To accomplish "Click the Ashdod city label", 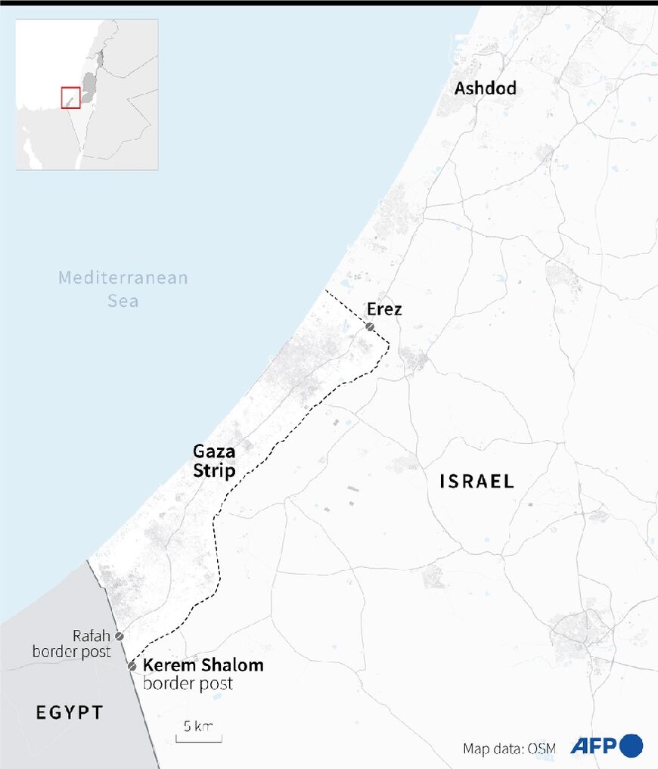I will point(485,88).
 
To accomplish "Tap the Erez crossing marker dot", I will point(369,327).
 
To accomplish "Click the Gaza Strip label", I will point(214,461).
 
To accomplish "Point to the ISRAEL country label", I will point(476,481).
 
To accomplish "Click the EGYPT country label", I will point(69,712).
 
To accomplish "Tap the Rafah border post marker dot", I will point(119,637).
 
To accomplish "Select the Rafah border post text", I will point(72,643).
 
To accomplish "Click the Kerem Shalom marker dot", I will point(132,666).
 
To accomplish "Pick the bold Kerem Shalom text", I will point(203,666).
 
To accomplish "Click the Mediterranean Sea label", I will point(123,289).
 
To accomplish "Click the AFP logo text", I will point(594,746).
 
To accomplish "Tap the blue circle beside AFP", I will point(632,746).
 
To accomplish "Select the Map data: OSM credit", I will point(509,749).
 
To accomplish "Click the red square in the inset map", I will point(70,98).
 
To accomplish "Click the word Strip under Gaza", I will point(214,471).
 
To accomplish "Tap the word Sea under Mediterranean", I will point(123,300).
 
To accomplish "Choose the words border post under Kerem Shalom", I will point(188,684).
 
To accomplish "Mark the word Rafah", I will point(92,635).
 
